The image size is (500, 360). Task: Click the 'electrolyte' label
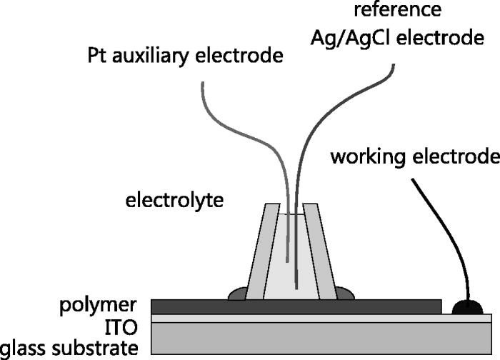click(x=174, y=201)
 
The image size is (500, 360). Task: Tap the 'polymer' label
click(x=99, y=306)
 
